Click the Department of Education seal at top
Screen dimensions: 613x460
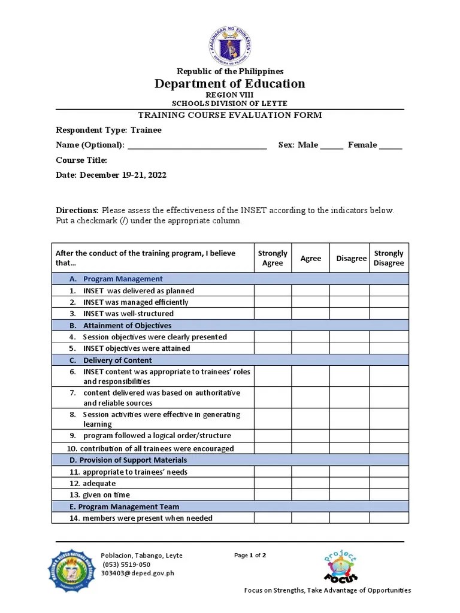coord(230,45)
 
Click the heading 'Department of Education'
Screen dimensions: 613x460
coord(230,84)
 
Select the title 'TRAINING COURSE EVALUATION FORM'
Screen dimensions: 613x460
coord(230,116)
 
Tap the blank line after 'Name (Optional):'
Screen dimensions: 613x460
coord(197,145)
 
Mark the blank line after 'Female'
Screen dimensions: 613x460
coord(391,145)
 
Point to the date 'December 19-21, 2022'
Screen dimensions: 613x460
coord(123,175)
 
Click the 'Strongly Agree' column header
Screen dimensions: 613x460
coord(273,259)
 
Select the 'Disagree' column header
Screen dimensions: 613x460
coord(351,259)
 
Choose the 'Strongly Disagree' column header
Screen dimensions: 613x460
coord(389,259)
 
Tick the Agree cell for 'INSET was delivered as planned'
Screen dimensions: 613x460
coord(310,291)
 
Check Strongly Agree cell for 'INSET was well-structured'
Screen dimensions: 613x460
coord(273,314)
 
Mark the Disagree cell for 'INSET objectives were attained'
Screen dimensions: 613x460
coord(349,348)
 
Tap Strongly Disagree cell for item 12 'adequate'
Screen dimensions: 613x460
coord(389,483)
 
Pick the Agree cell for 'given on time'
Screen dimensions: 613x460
coord(310,495)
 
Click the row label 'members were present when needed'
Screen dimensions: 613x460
coord(147,518)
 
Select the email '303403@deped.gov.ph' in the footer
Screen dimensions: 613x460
coord(137,573)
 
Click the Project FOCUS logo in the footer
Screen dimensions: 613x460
coord(340,567)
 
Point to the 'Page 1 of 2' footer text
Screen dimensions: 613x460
coord(250,556)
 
